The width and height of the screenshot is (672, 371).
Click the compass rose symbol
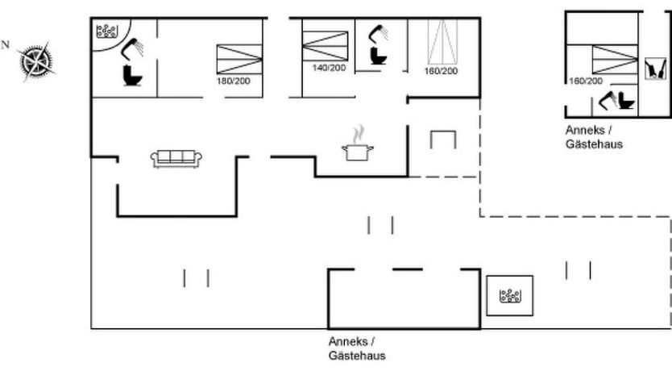pos(37,61)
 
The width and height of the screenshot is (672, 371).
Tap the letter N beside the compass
pos(5,44)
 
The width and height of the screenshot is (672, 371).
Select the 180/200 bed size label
pos(233,81)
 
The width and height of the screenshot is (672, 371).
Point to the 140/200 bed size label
pos(329,68)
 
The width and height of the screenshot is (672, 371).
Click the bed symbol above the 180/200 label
pos(239,59)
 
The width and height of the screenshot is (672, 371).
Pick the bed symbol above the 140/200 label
pos(325,45)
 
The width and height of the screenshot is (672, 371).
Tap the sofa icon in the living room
pos(176,159)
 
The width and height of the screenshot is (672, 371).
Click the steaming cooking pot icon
pos(358,144)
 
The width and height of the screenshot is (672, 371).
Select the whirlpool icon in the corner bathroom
pos(106,31)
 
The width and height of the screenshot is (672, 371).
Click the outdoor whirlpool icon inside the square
pos(510,296)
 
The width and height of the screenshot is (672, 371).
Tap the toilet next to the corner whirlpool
pos(132,75)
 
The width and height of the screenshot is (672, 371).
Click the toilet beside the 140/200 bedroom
pos(379,56)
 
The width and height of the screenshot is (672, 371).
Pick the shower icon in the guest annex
pos(608,100)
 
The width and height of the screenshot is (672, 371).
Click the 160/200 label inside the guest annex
pos(586,81)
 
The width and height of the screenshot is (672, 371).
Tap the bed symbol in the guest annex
pos(615,60)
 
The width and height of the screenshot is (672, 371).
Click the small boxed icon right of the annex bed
pos(656,69)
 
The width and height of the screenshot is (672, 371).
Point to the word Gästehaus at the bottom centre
pos(357,356)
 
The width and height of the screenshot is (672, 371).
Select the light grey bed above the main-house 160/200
pos(442,42)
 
